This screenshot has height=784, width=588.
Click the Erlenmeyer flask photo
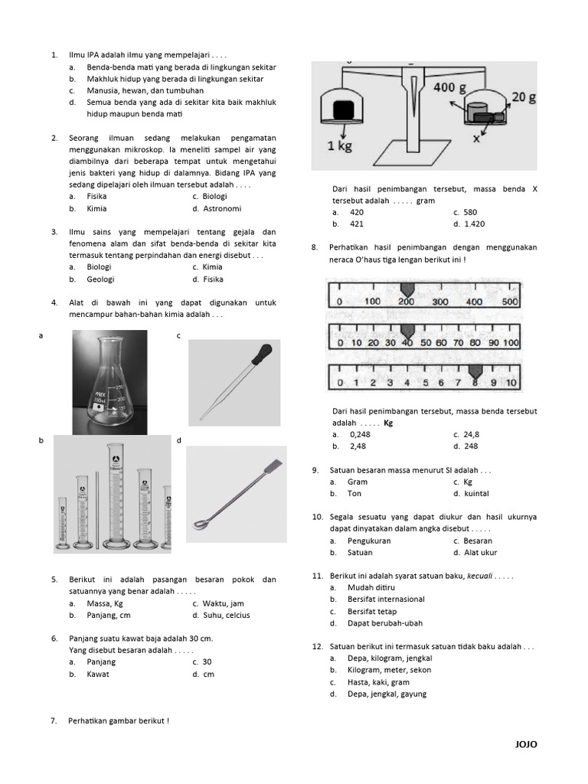(x=109, y=382)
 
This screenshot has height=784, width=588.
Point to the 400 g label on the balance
(x=449, y=88)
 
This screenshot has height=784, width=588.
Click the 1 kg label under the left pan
(x=338, y=145)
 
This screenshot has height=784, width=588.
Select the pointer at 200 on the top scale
(x=407, y=290)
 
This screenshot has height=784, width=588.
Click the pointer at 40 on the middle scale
(x=407, y=330)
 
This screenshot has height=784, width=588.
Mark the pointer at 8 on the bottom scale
(x=475, y=371)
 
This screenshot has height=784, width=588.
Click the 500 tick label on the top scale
(x=510, y=302)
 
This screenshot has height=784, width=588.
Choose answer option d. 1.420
(x=469, y=224)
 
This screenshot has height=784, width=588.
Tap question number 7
(x=54, y=720)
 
